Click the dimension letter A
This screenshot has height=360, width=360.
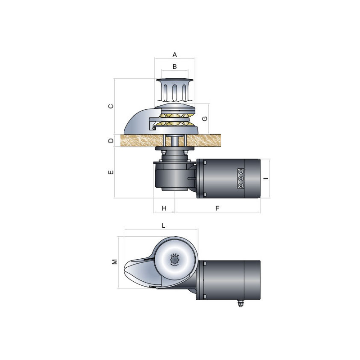[x=175, y=54]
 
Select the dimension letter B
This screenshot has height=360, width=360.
[x=175, y=66]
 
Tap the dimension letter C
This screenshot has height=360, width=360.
[x=111, y=106]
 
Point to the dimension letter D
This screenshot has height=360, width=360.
[x=111, y=140]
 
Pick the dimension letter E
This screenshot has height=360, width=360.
[x=111, y=172]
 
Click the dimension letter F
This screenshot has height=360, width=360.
[x=217, y=208]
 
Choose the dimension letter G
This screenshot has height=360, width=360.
[x=205, y=118]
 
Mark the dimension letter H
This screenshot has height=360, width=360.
[x=164, y=208]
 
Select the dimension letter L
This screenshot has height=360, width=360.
[x=163, y=225]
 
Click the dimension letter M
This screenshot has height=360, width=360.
[x=115, y=261]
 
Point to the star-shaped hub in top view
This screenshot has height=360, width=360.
[x=175, y=260]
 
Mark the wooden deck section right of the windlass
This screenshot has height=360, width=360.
[x=209, y=140]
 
